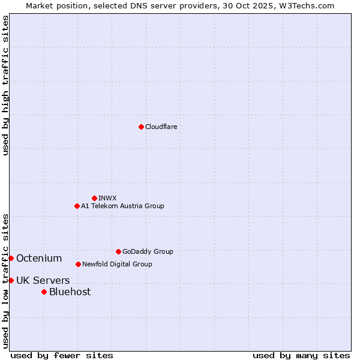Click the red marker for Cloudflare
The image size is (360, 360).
tap(141, 127)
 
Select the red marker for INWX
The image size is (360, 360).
tap(94, 198)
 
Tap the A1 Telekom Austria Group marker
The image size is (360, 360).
tap(77, 206)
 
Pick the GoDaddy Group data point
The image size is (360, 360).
tap(118, 251)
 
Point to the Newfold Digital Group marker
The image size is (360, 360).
tap(78, 264)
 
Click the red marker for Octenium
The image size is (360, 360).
tap(11, 258)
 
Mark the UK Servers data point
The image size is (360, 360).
tap(11, 280)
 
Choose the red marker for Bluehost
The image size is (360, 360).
tap(44, 292)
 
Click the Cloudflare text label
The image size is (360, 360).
tap(161, 127)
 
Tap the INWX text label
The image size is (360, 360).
tap(107, 198)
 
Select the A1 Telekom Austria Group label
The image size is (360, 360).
tap(122, 206)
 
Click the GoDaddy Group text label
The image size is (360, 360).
tap(148, 251)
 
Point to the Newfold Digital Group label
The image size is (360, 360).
tap(117, 264)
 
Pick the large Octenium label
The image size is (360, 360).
tap(39, 258)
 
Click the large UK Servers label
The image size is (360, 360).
tap(43, 280)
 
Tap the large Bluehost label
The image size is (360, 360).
tap(70, 292)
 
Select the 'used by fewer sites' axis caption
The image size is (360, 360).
tap(62, 355)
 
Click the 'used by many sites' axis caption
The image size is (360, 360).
tap(301, 355)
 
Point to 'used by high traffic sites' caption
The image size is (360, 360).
tap(5, 85)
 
